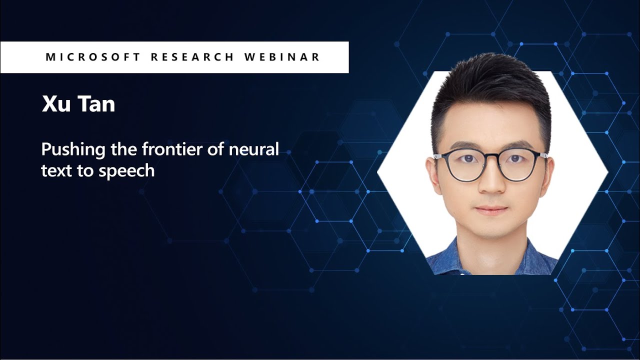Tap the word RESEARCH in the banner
point(192,57)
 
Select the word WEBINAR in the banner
point(282,57)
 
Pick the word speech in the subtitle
point(127,171)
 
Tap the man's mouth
point(491,210)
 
